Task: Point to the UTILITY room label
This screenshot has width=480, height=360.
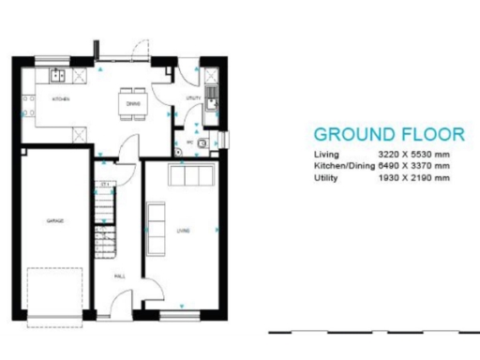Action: (x=194, y=97)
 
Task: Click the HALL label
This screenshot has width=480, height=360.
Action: (x=119, y=277)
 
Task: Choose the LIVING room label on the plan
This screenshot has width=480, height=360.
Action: (x=182, y=231)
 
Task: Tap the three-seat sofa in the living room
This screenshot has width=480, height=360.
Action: (x=190, y=174)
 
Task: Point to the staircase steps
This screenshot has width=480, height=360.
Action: (x=105, y=220)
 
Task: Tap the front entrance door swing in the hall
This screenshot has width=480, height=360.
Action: (x=120, y=305)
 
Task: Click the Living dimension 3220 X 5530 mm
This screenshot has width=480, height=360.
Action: (x=412, y=154)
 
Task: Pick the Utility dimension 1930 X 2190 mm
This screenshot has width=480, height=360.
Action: (x=412, y=176)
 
